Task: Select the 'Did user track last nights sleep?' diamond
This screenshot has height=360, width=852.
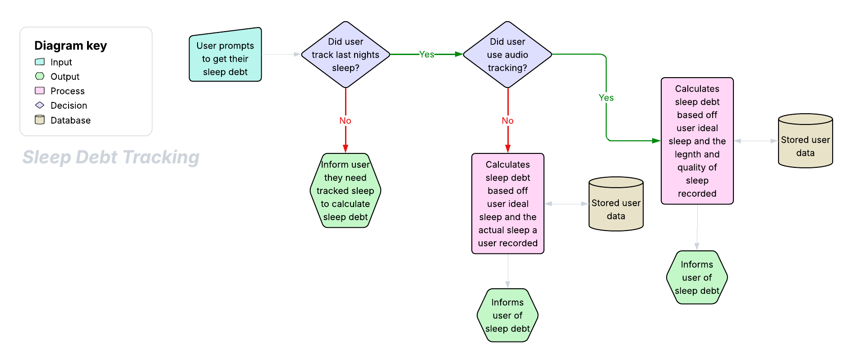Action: [x=345, y=55]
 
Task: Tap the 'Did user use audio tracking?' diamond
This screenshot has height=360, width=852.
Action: [x=507, y=55]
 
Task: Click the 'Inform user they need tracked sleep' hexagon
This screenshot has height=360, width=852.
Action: [x=345, y=190]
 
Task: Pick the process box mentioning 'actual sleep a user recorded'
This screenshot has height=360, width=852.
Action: [x=507, y=203]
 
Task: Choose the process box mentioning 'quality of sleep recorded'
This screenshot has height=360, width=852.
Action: [x=697, y=141]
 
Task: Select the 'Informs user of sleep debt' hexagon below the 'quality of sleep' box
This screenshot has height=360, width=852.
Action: [x=697, y=277]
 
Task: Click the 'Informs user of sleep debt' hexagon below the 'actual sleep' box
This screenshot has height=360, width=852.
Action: [x=507, y=315]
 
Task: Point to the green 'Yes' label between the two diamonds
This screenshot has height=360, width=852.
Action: [x=427, y=55]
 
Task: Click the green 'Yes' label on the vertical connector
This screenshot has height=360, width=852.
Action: [x=606, y=97]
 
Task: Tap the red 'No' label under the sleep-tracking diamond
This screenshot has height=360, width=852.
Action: [x=345, y=120]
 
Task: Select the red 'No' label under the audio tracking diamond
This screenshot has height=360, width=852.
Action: [x=507, y=120]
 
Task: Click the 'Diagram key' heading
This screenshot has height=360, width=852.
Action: [x=70, y=46]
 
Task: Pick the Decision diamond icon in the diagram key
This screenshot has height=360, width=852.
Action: [x=40, y=105]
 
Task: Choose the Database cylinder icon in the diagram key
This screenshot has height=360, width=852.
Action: [x=40, y=120]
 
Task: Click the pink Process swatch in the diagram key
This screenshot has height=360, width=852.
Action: [x=40, y=91]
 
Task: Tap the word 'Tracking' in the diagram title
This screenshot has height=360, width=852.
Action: [x=161, y=157]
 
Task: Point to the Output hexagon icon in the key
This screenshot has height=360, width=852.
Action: [x=40, y=76]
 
